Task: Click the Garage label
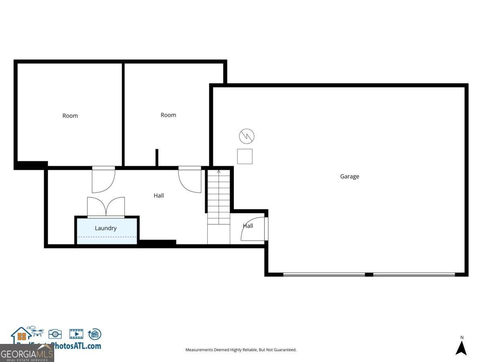click(x=349, y=176)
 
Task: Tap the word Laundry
click(x=106, y=228)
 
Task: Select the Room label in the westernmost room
click(x=70, y=115)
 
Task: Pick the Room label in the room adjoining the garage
click(x=168, y=115)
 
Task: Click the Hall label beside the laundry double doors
click(x=159, y=195)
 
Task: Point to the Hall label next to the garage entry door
click(x=248, y=226)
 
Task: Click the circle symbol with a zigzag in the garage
click(x=247, y=137)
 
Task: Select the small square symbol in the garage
click(x=245, y=156)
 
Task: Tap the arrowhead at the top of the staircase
click(x=219, y=171)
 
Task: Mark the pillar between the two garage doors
click(x=369, y=274)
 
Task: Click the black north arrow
click(x=461, y=348)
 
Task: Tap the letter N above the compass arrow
click(x=462, y=337)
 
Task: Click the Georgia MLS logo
click(x=27, y=353)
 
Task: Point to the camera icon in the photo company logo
click(x=55, y=334)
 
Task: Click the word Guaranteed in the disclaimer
click(x=285, y=350)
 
